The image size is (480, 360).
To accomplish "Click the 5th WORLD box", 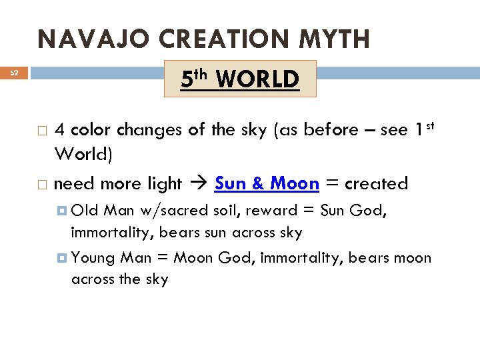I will pos(240,79).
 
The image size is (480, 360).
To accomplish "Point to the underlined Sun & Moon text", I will pos(267,183).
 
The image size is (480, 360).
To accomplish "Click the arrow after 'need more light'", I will pos(198,183).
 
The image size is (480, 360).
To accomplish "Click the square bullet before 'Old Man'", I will pos(62,211).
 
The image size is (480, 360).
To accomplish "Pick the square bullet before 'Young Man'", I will pos(62,258).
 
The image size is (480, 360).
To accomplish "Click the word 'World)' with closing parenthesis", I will pos(83,155).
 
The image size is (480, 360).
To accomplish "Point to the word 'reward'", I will pos(273,211).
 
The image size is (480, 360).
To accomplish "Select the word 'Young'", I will pos(93,258).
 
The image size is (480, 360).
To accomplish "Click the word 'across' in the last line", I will pos(93,279).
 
